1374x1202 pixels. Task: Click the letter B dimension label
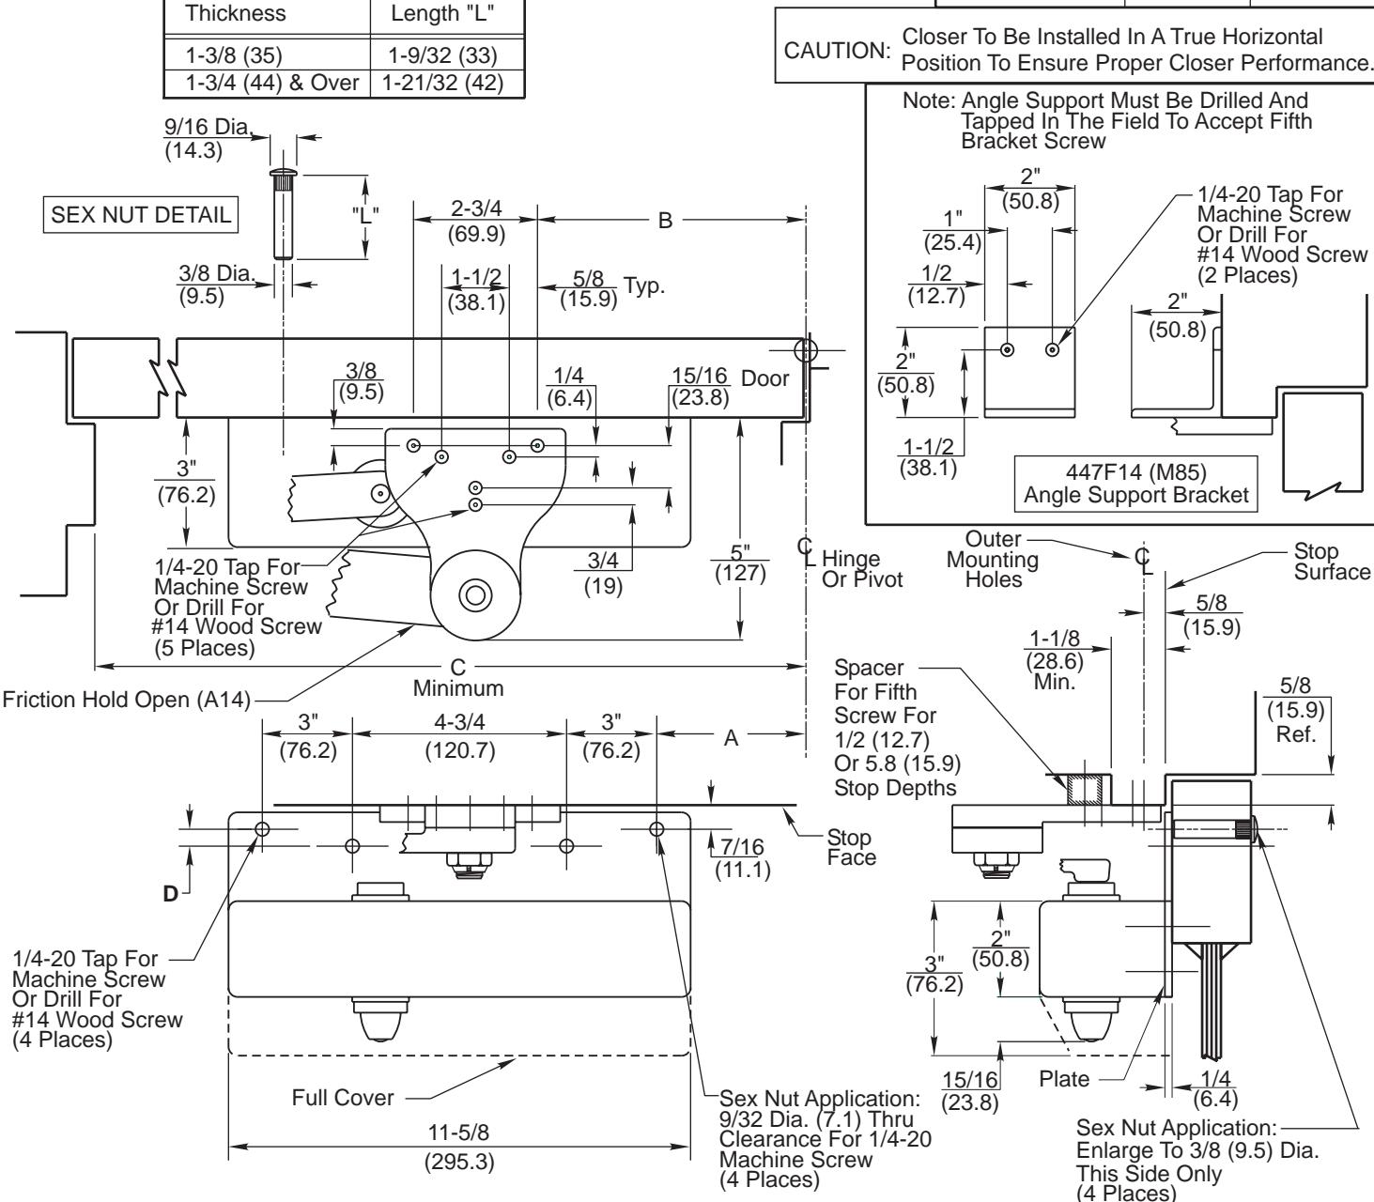coord(665,222)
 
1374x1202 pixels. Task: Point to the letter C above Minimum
coord(458,667)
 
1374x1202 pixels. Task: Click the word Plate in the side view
coord(1064,1078)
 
